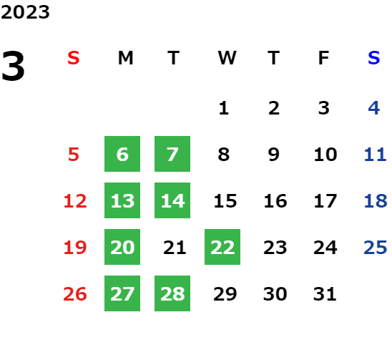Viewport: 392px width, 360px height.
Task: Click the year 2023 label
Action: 25,12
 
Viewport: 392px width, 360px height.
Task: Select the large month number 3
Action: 13,66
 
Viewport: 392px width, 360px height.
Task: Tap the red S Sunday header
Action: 74,58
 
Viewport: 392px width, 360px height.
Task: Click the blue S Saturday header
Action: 373,58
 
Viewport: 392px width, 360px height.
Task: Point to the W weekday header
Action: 227,58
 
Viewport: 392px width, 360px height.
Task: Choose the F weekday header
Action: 323,58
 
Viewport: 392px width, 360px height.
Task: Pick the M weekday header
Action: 125,58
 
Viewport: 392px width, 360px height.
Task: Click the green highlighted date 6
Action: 122,154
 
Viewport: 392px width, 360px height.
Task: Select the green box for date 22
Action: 222,247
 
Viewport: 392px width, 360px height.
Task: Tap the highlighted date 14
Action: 172,200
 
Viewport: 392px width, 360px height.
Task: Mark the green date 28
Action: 172,293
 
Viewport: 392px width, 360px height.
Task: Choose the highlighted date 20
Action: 122,247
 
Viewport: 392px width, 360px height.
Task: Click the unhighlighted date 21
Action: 175,248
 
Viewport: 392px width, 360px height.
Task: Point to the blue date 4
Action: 374,108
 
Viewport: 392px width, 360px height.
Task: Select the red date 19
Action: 75,248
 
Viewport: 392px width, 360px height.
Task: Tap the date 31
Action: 325,294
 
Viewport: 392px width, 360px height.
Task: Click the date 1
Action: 223,108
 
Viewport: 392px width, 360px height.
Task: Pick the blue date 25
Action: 376,248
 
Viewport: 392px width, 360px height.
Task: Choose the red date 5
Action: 74,155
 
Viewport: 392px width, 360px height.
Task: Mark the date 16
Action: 275,201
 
